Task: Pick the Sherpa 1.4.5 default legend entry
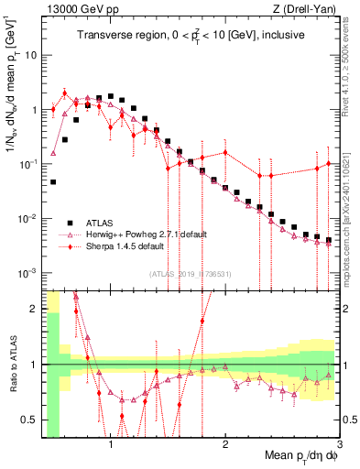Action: pyautogui.click(x=125, y=245)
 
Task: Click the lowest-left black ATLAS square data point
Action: pyautogui.click(x=53, y=182)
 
